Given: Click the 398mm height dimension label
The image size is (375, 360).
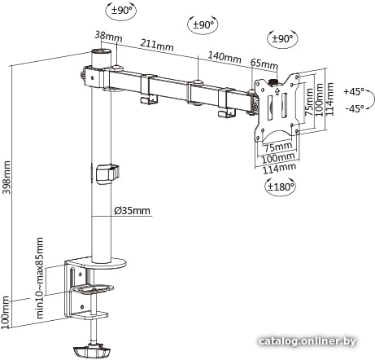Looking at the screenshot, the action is pos(7,178).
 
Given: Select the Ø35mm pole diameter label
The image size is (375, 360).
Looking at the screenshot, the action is pos(132,211).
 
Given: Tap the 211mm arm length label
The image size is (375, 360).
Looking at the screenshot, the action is pos(157,45).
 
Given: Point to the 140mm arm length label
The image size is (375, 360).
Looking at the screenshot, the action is pos(225,56).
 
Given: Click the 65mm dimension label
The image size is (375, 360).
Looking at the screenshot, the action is pos(264,64).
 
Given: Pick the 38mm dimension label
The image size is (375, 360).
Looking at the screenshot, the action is pos(108,36).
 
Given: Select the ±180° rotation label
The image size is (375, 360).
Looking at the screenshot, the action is pos(281,187).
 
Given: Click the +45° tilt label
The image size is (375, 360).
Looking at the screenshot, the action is pos(354,91).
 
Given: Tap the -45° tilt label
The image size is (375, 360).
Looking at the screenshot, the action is pos(355,108).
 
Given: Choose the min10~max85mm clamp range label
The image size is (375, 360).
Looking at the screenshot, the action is pos(40,278).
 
